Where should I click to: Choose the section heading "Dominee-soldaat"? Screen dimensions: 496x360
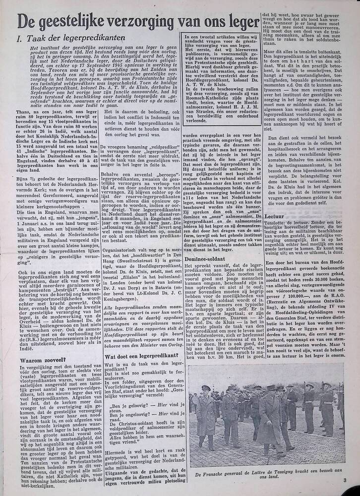205,258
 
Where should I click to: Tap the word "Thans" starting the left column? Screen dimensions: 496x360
24,113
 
